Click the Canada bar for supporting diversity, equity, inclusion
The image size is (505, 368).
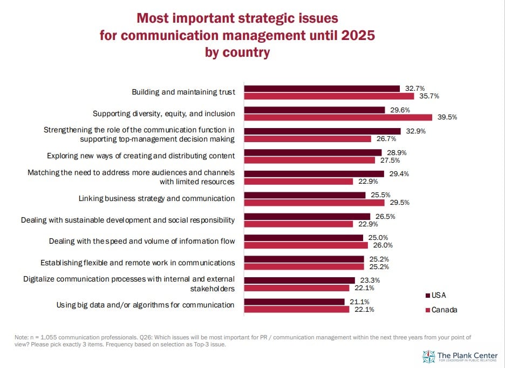(x=338, y=117)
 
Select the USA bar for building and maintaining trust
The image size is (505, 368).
(x=322, y=88)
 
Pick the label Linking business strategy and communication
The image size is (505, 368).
(x=156, y=198)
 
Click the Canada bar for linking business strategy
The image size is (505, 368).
(x=315, y=203)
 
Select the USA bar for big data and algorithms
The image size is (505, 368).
(x=295, y=302)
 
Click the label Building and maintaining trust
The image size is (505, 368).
(x=183, y=92)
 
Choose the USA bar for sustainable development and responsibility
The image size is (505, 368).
(x=308, y=216)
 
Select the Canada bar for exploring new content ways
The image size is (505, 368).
(x=310, y=160)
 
